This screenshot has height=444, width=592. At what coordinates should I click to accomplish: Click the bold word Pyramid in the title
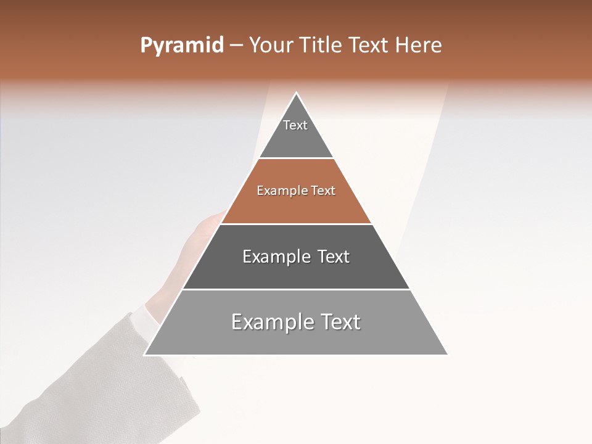182,46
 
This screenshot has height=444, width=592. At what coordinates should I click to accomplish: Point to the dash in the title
236,46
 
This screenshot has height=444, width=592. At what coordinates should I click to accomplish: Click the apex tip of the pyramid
297,94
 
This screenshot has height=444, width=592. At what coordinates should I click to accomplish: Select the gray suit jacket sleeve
92,382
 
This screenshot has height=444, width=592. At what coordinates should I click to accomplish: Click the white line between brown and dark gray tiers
296,224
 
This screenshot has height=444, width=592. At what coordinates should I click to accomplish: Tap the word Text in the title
368,46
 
